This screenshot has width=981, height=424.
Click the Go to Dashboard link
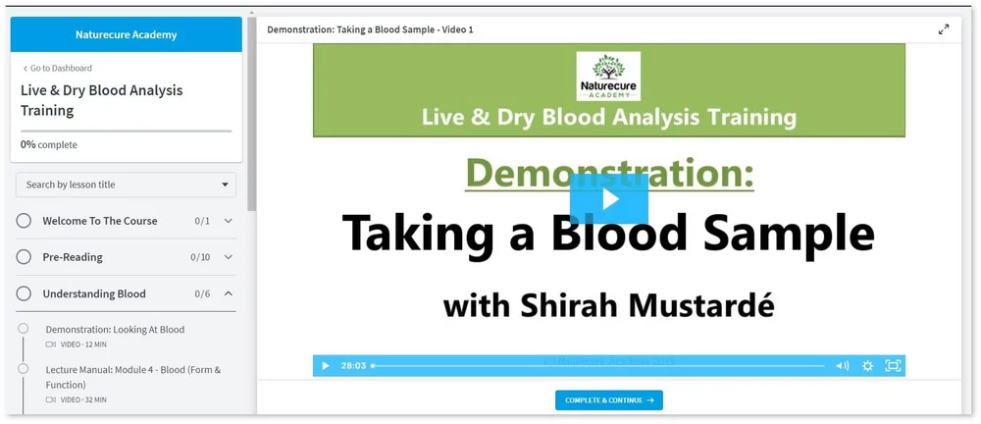click(x=58, y=69)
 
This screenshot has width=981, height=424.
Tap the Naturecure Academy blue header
click(x=126, y=34)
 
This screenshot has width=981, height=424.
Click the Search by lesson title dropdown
click(x=126, y=185)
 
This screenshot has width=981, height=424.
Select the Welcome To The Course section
click(x=99, y=221)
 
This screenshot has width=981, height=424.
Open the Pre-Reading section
click(x=73, y=257)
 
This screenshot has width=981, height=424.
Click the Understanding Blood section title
click(x=94, y=293)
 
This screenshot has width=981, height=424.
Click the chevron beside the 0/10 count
click(x=229, y=257)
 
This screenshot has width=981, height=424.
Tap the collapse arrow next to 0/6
click(x=229, y=293)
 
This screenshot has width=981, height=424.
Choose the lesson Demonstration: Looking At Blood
click(x=115, y=330)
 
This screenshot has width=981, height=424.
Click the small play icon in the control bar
click(x=326, y=366)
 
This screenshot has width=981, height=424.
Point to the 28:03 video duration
click(x=353, y=366)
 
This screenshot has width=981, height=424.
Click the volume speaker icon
click(x=842, y=366)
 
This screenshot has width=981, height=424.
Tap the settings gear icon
click(x=867, y=366)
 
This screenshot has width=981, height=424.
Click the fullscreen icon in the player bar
click(x=893, y=366)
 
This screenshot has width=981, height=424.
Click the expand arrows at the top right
click(x=944, y=29)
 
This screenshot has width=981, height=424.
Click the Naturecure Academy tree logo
click(x=609, y=76)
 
